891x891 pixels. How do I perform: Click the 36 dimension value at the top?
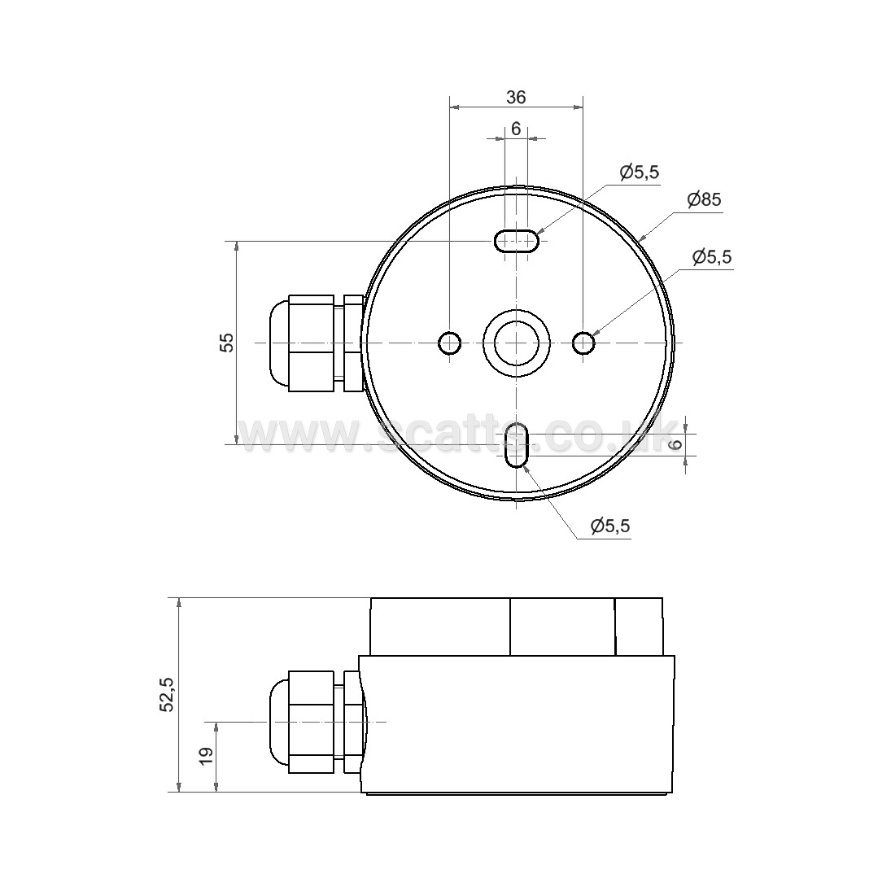tap(516, 97)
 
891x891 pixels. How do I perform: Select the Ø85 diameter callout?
tap(704, 199)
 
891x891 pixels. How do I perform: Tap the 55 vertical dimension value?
tap(227, 342)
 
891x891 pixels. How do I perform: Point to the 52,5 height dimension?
tap(168, 694)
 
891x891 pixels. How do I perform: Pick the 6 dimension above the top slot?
tap(516, 129)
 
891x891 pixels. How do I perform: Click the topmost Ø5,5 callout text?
tap(640, 172)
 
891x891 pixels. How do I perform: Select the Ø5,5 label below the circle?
tap(610, 526)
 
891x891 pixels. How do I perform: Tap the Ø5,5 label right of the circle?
tap(713, 257)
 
